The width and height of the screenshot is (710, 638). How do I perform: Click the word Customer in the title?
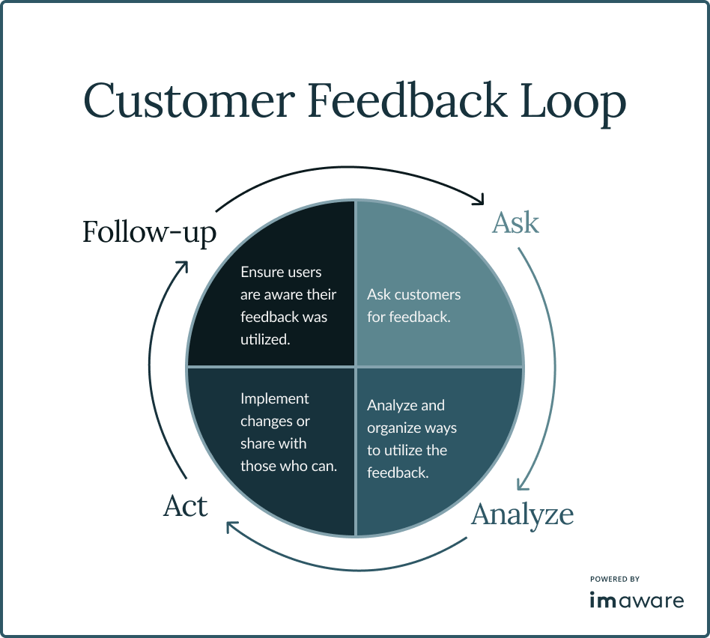(x=187, y=101)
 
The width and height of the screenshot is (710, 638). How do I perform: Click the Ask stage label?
(x=515, y=223)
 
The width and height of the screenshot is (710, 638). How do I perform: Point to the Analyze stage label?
(x=522, y=514)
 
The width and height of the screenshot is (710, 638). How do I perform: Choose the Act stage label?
(x=185, y=507)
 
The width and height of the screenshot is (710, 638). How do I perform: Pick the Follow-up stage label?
(x=149, y=232)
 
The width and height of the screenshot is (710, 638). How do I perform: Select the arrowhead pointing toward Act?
(x=231, y=529)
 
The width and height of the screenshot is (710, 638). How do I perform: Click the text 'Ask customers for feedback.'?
(x=413, y=306)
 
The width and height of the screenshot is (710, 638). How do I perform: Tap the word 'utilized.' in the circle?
(x=265, y=339)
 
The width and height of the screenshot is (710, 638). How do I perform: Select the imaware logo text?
(x=636, y=601)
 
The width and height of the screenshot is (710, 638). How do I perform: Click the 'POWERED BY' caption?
(x=614, y=579)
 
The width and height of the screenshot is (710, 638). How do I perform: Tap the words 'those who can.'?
(x=288, y=466)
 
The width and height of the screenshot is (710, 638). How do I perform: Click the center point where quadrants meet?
(x=355, y=367)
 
